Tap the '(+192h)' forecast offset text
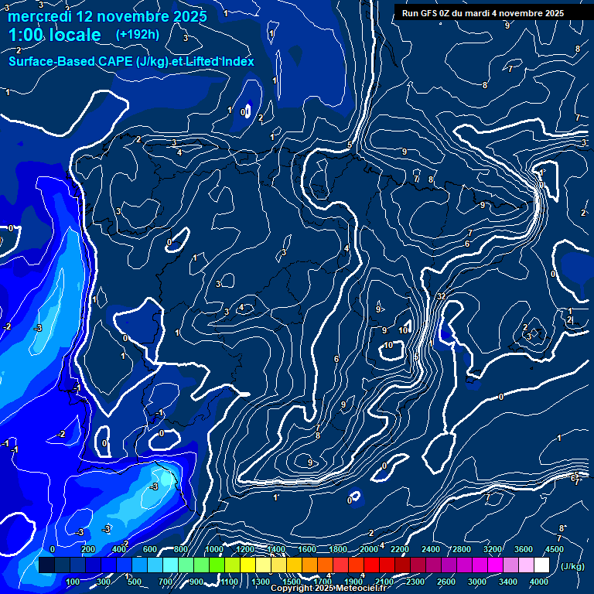pos(137,34)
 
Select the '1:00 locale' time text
pos(54,35)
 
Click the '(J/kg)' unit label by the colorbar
pos(572,566)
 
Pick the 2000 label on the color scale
pos(368,549)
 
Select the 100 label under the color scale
pos(73,582)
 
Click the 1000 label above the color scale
pos(213,549)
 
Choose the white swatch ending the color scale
pos(541,565)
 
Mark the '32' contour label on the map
pos(441,296)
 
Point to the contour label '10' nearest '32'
pos(403,330)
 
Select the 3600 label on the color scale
pos(523,549)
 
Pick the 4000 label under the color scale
pos(538,582)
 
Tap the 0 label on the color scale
pos(53,549)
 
